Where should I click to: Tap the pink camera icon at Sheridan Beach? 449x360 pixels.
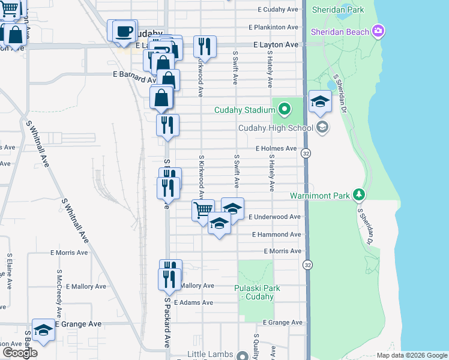pos(378,30)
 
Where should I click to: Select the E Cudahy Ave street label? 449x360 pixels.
pos(278,10)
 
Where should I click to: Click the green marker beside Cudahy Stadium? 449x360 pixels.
pos(285,109)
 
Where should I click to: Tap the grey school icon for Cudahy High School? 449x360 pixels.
pos(322,127)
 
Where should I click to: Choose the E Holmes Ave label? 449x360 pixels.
pos(276,148)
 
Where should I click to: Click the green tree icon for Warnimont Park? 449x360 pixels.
pos(359,194)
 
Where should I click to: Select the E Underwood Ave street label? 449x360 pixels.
pos(277,217)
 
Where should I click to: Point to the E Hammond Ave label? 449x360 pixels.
pos(277,235)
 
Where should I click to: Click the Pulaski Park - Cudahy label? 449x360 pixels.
pos(257,292)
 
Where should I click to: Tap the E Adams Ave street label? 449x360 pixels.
pos(193,302)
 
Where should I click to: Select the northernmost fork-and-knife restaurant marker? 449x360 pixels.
pos(205,46)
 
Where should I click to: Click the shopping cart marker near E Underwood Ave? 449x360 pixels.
pos(203,210)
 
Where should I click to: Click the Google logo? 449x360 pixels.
pos(20,353)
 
